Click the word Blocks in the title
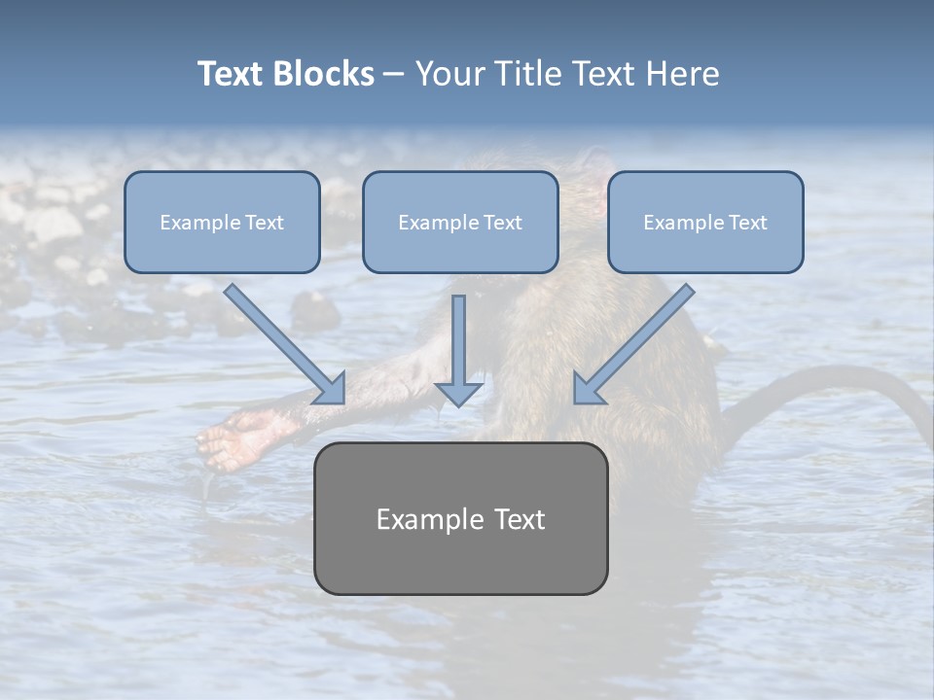(323, 74)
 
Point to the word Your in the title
(449, 74)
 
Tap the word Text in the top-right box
(747, 223)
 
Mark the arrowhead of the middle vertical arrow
(459, 394)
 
